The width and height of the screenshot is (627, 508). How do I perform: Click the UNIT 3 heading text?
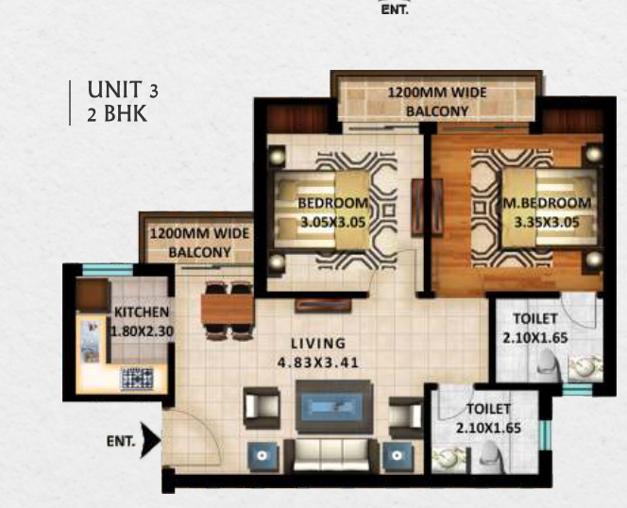(123, 90)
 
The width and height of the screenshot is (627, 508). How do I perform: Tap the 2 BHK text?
(117, 113)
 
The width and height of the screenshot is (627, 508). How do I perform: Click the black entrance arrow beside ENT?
(151, 440)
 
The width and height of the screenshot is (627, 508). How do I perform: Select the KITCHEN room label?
(142, 312)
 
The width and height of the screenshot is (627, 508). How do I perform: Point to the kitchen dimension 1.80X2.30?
(142, 331)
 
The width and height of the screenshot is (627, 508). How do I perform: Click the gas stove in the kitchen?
(137, 379)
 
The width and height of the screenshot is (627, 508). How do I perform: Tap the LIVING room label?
(318, 343)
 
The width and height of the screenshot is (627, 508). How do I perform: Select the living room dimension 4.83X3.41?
(318, 363)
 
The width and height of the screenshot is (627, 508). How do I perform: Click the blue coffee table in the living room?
(333, 407)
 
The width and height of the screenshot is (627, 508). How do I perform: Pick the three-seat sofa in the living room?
(331, 455)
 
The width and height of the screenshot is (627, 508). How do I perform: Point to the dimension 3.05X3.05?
(333, 222)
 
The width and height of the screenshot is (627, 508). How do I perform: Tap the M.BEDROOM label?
(547, 203)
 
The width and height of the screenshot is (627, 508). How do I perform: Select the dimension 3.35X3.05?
(547, 222)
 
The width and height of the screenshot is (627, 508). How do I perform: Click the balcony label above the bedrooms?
(437, 102)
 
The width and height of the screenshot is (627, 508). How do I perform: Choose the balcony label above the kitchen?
(199, 243)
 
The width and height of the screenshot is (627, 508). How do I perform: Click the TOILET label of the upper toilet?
(535, 319)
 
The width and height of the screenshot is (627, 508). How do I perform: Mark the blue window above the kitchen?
(107, 270)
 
